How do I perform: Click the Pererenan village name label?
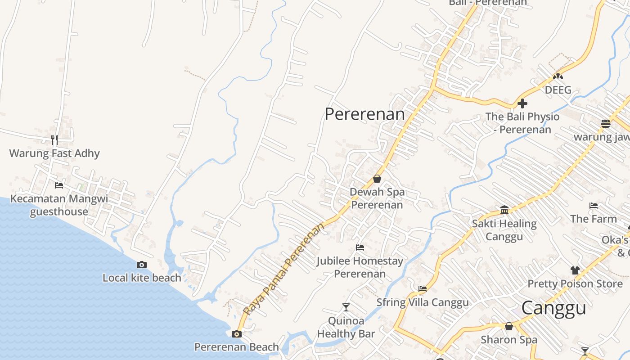(364, 114)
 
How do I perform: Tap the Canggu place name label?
(553, 308)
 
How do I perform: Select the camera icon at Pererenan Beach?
(236, 334)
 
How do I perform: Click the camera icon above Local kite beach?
(142, 265)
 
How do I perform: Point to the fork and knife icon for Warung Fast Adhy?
(54, 140)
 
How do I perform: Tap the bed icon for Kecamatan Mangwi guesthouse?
(59, 185)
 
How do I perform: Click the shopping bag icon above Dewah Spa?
(377, 179)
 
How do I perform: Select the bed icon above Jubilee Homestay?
(360, 247)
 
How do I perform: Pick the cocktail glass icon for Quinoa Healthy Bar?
(346, 307)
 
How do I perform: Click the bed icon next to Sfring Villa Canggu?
(422, 289)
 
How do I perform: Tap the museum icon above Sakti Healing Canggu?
(504, 210)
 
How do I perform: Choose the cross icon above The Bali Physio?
(522, 103)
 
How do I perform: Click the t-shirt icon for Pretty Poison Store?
(575, 270)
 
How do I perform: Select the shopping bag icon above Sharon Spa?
(509, 326)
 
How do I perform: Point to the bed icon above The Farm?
(594, 206)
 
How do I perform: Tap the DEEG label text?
(558, 90)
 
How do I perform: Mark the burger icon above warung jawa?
(606, 123)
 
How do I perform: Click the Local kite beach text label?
(142, 278)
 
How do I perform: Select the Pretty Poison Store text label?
(575, 283)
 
